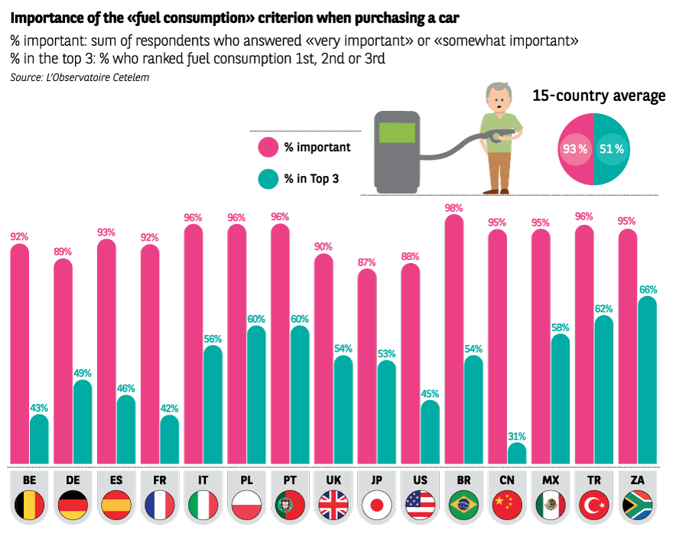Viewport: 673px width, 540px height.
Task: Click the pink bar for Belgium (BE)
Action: click(19, 352)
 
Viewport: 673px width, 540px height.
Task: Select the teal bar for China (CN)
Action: click(517, 454)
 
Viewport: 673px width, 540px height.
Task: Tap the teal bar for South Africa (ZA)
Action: click(647, 379)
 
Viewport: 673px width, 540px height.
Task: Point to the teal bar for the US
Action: click(430, 431)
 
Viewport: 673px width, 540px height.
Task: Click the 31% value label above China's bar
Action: click(517, 436)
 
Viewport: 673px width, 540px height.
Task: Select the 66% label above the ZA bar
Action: click(648, 290)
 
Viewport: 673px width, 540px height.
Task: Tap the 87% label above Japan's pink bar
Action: click(367, 262)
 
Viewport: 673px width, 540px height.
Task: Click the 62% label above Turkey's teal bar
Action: click(604, 309)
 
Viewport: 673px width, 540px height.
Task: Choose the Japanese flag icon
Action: click(377, 506)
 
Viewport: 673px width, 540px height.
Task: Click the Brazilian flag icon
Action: click(463, 506)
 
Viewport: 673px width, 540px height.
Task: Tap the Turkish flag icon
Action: click(593, 506)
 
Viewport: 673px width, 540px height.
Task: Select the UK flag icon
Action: click(333, 506)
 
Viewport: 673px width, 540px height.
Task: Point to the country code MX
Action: click(551, 480)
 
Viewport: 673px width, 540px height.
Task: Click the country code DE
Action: click(73, 480)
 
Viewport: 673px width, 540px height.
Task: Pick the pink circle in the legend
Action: click(268, 146)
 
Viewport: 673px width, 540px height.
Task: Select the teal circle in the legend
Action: click(268, 179)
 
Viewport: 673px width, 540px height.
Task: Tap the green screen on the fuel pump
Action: click(396, 132)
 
